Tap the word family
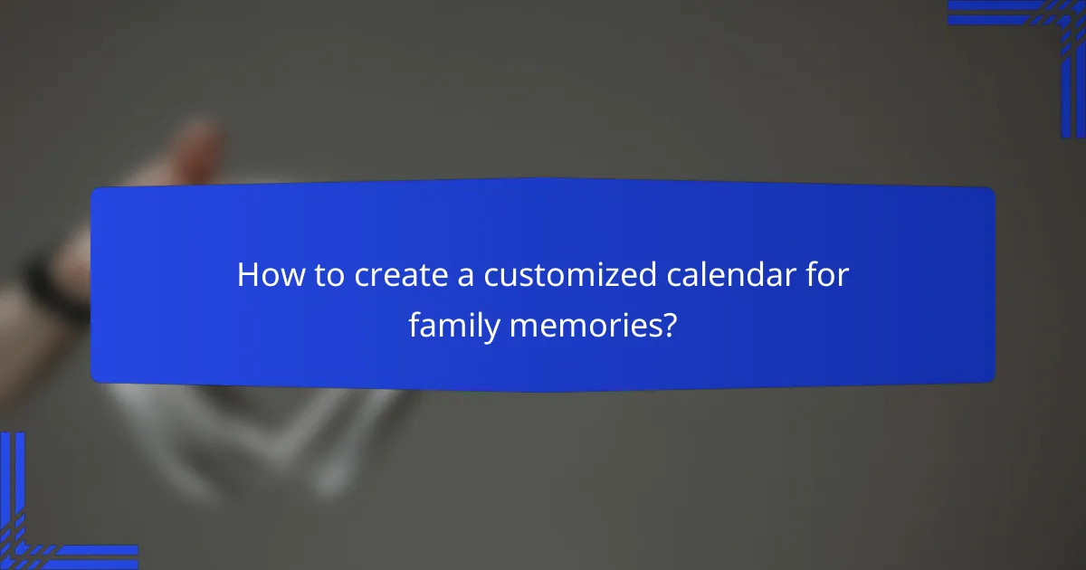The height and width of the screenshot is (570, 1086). (452, 325)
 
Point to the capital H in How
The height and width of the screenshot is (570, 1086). (247, 277)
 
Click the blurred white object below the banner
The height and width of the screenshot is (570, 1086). (271, 434)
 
